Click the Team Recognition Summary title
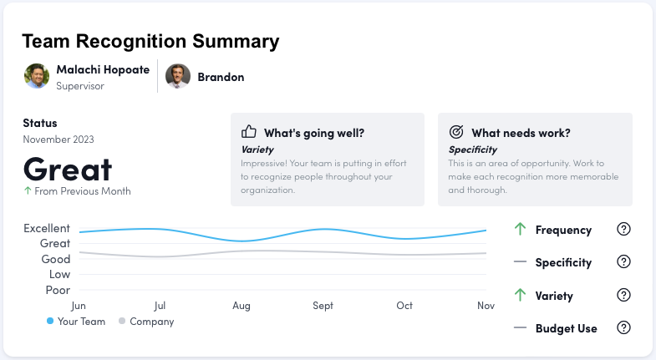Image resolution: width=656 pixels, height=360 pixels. (x=150, y=42)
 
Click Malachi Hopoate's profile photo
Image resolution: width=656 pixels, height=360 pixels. (x=37, y=76)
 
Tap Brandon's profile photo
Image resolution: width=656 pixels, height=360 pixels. (x=178, y=76)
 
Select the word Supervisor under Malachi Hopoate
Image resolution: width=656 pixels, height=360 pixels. (x=80, y=85)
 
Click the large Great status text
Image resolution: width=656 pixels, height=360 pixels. (x=68, y=169)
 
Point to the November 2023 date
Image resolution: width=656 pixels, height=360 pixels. (x=58, y=139)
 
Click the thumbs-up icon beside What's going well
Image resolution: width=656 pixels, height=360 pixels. (x=248, y=132)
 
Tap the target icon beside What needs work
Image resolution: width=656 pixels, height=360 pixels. (x=456, y=132)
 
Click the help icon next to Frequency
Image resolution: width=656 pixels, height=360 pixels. (x=623, y=230)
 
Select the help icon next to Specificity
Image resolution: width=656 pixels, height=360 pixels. (x=623, y=262)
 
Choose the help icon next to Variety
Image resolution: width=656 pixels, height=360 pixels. (x=623, y=296)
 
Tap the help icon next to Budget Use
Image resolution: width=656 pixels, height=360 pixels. (x=623, y=328)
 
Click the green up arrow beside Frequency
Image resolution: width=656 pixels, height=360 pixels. (x=520, y=229)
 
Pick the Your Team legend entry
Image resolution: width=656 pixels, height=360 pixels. (x=76, y=322)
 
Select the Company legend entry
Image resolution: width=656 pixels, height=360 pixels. (x=146, y=322)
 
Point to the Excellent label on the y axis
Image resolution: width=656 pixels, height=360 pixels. (x=47, y=228)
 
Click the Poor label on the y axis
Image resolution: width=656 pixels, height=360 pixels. (x=58, y=290)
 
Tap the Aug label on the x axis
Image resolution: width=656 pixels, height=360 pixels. (x=242, y=306)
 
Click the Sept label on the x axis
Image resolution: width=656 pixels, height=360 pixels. (x=323, y=306)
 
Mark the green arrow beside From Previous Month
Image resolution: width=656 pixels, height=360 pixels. (x=28, y=191)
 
